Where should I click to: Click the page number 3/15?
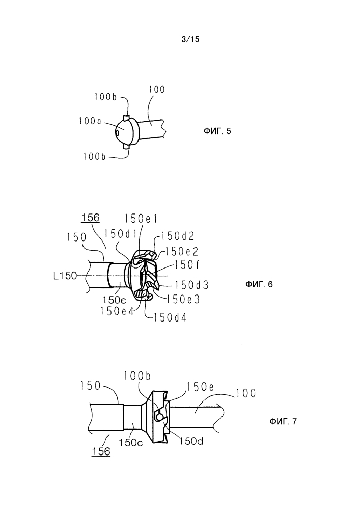click(x=190, y=39)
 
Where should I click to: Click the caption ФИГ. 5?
click(x=217, y=131)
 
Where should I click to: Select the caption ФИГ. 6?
click(x=259, y=285)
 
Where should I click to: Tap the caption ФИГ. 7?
click(x=283, y=422)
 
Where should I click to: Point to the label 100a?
click(x=90, y=121)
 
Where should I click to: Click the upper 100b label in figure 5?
click(x=105, y=97)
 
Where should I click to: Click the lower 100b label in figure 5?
click(x=94, y=157)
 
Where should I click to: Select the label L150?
click(x=65, y=276)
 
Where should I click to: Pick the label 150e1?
click(x=141, y=219)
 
